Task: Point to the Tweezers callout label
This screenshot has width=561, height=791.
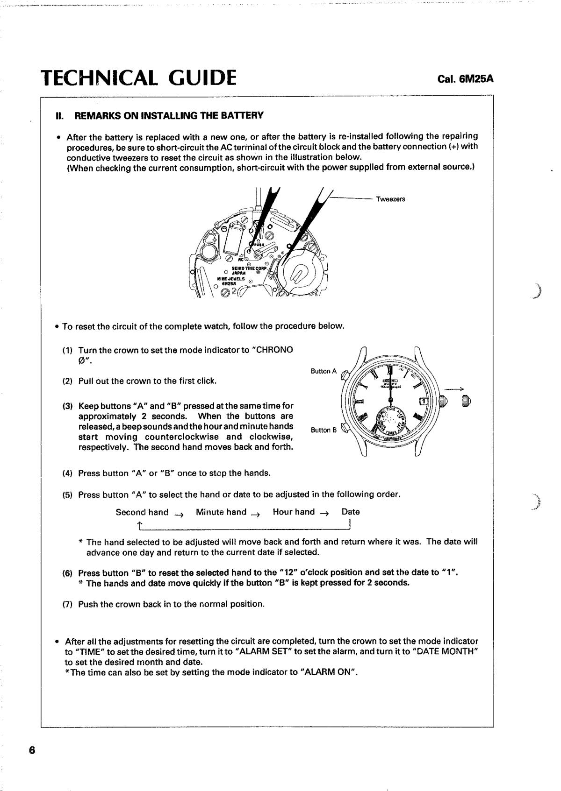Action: [x=390, y=199]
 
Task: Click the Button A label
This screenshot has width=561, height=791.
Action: [x=324, y=371]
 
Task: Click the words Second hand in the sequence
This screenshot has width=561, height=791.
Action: [x=142, y=512]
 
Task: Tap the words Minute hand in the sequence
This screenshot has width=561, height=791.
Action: [x=221, y=512]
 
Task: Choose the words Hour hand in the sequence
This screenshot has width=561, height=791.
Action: [x=294, y=512]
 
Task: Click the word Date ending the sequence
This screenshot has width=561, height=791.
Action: [x=351, y=512]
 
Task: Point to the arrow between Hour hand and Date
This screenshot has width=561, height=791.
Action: [x=324, y=513]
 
